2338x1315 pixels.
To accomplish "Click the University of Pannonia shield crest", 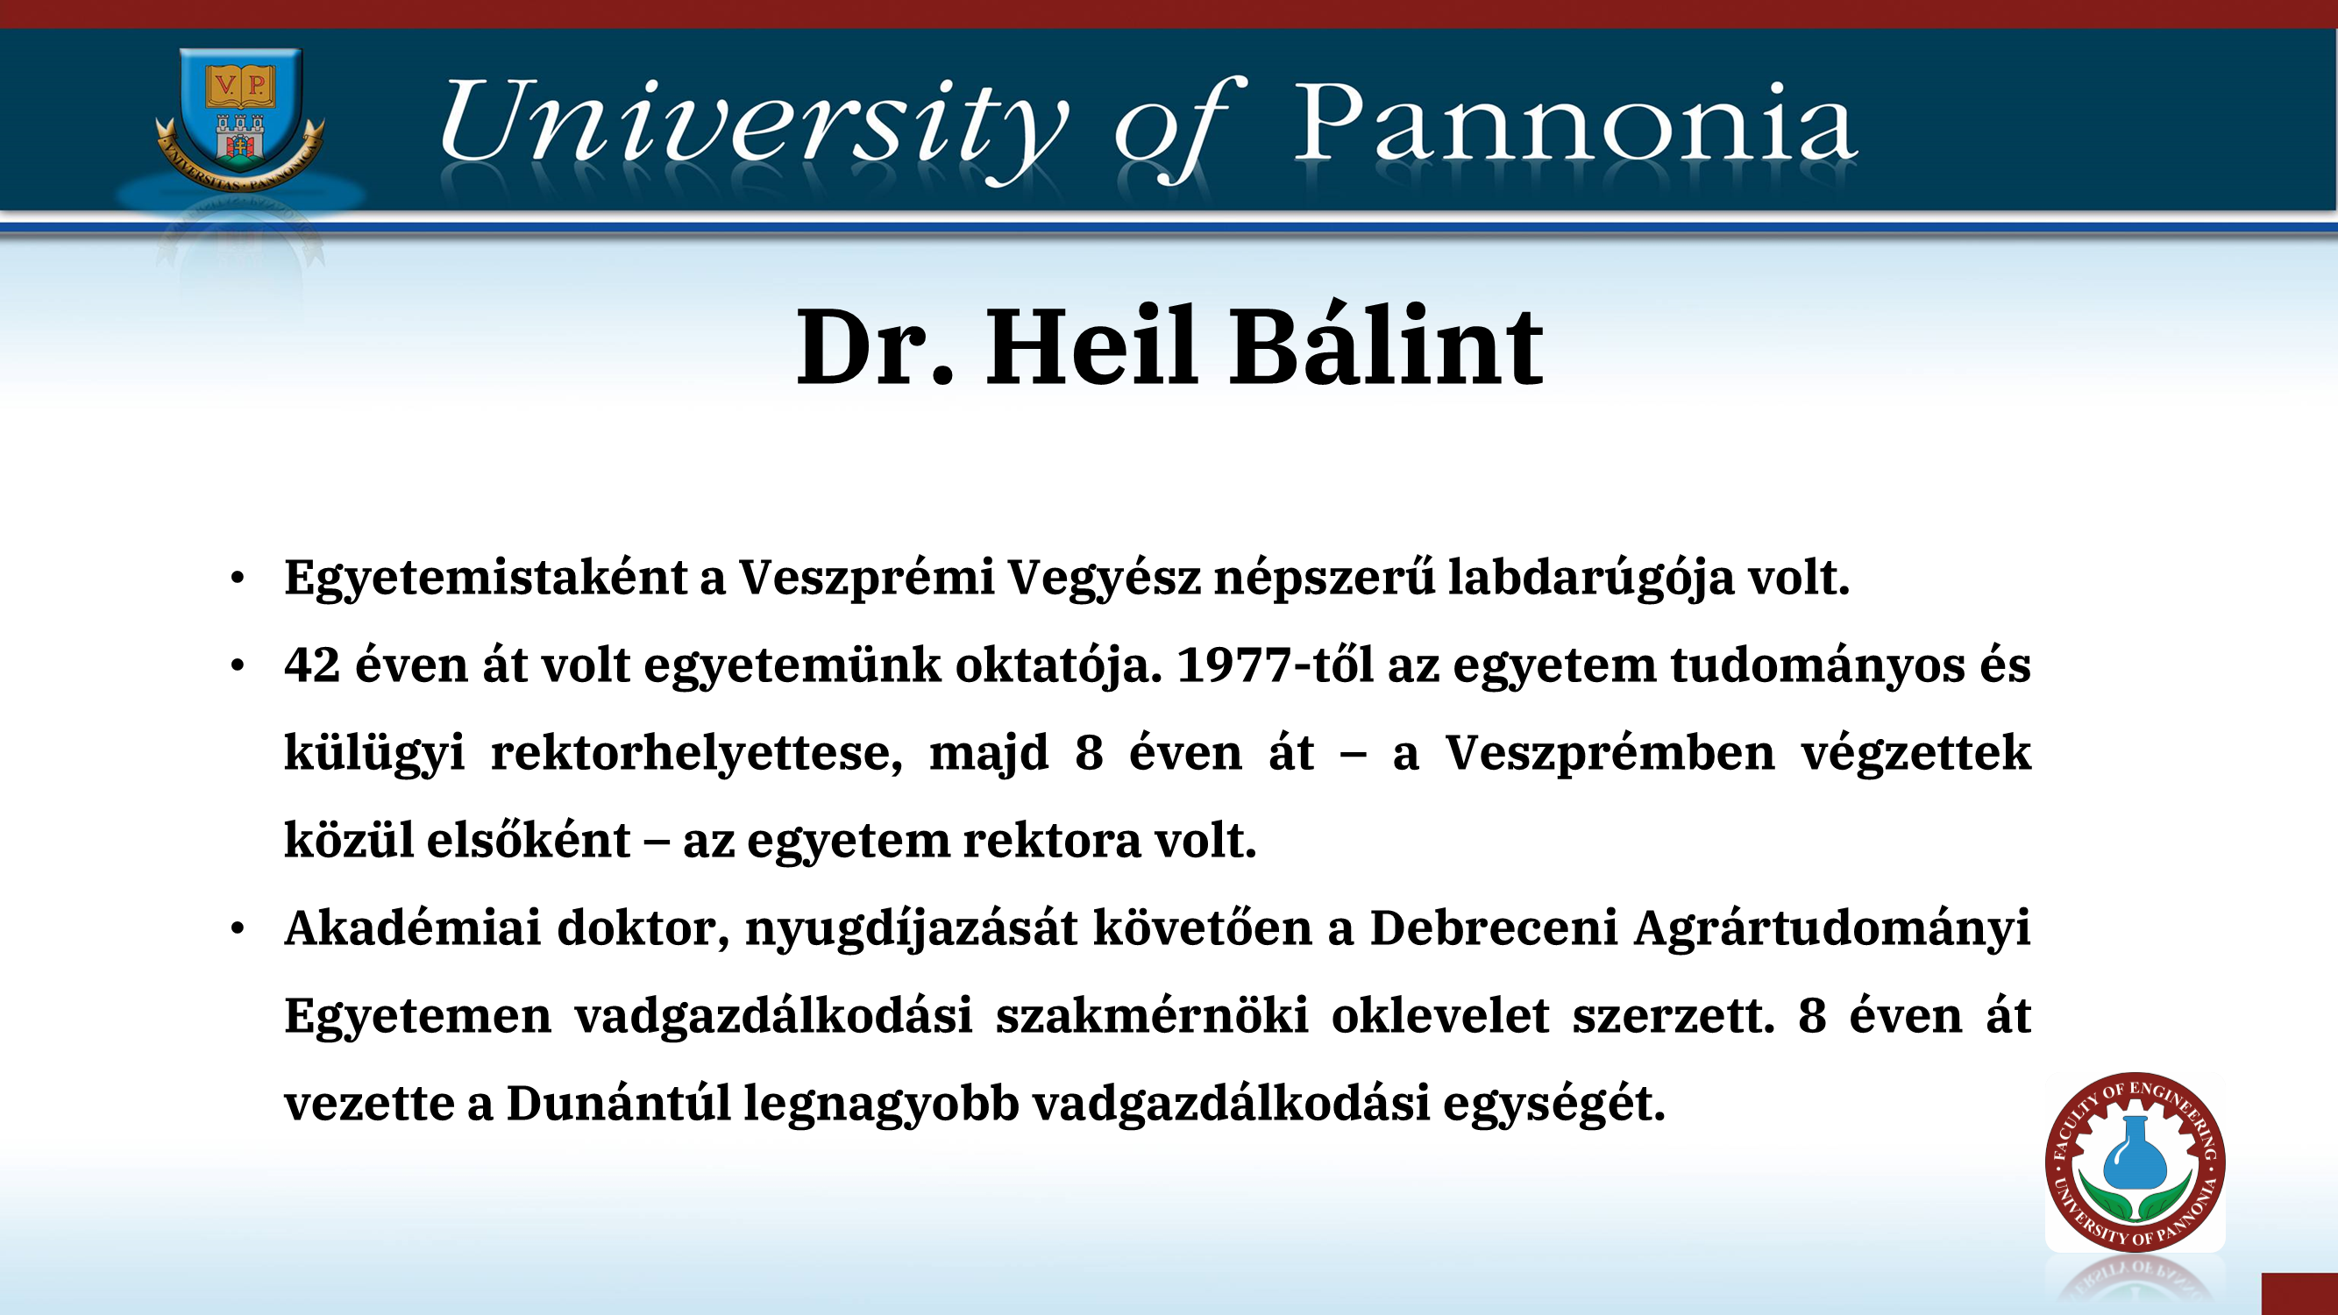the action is (x=239, y=118).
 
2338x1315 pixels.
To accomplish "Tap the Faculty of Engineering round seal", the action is (x=2135, y=1162).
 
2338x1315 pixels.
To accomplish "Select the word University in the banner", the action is (x=754, y=127).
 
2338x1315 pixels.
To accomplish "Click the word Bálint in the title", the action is (x=1386, y=345).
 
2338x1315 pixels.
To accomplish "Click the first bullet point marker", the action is (x=238, y=578).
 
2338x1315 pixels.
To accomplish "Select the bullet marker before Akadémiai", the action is (x=238, y=928).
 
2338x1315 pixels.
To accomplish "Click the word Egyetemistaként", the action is (x=486, y=577).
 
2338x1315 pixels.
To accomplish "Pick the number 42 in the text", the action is (x=312, y=665).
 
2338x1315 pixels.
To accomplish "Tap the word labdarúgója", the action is (x=1591, y=577).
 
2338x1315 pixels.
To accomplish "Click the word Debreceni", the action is (x=1493, y=928).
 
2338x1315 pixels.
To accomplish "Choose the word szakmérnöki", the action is (x=1152, y=1015).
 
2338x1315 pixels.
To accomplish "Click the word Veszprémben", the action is (x=1610, y=753).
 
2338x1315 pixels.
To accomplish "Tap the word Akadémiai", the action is (x=413, y=928).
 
